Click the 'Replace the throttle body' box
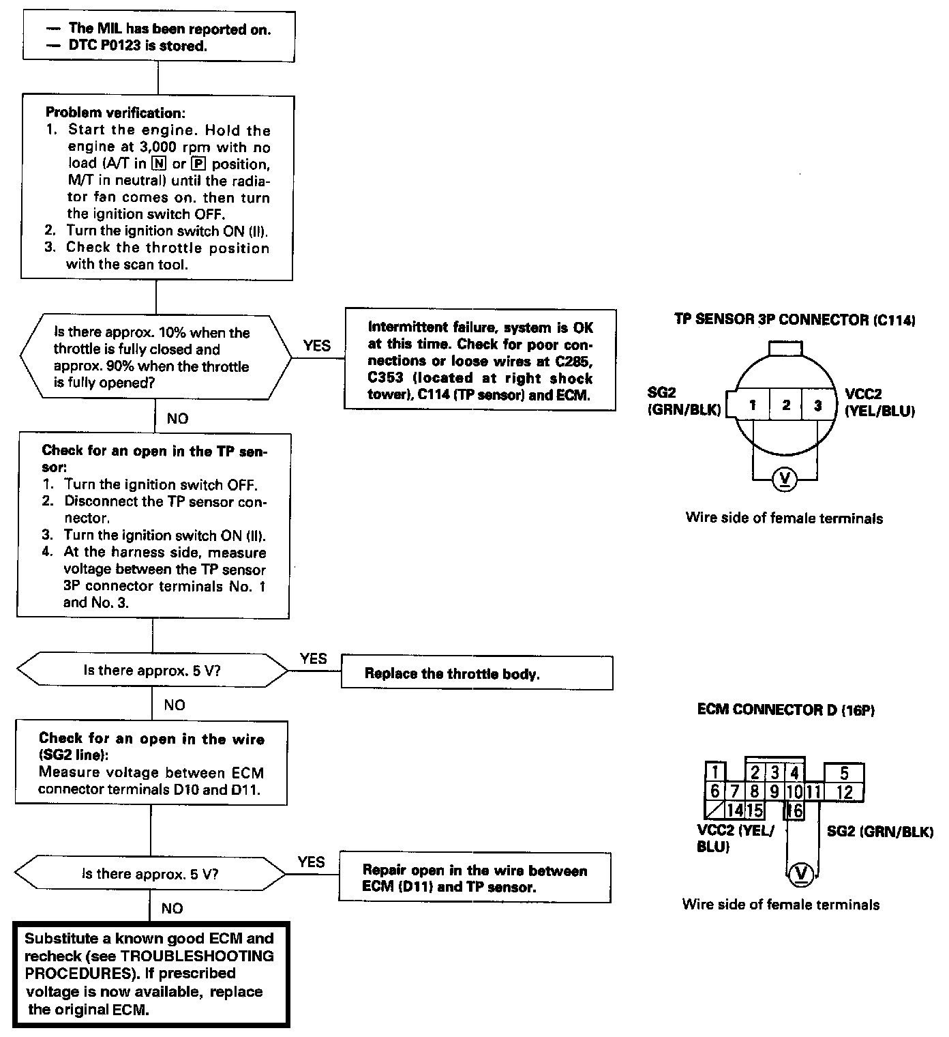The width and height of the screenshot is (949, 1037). click(x=476, y=673)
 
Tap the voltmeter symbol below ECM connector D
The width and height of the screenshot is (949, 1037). click(x=801, y=874)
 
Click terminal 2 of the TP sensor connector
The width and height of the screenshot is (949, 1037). click(x=785, y=405)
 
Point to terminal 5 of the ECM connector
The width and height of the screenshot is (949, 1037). click(x=844, y=774)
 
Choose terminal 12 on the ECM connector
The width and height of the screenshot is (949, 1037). click(x=844, y=792)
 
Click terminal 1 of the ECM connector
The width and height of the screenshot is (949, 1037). click(x=714, y=773)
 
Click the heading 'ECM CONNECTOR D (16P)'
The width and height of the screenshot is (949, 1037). click(x=785, y=710)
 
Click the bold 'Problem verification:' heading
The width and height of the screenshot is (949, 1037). click(x=115, y=113)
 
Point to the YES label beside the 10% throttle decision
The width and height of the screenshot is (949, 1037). click(x=316, y=346)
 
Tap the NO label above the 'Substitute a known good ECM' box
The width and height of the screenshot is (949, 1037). click(x=172, y=908)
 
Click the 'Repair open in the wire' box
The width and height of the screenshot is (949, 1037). click(x=474, y=879)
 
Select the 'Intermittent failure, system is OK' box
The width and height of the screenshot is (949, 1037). click(x=480, y=361)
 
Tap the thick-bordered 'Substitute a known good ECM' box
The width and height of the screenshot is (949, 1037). click(x=151, y=974)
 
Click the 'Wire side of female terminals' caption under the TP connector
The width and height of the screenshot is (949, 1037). click(x=784, y=518)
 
